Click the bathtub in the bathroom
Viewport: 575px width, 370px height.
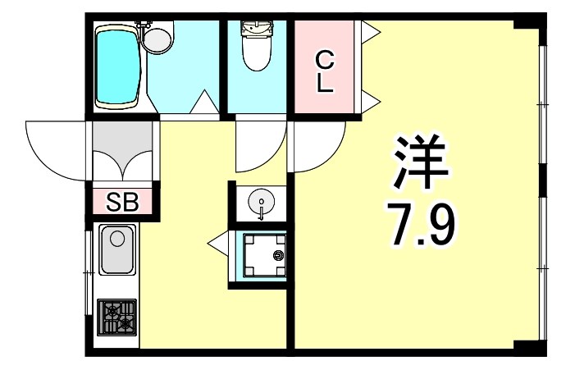pos(119,66)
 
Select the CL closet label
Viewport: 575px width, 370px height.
pos(326,71)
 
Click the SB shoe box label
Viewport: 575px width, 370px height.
pos(124,201)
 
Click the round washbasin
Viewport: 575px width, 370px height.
pos(260,202)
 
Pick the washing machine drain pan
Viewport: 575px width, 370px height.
pos(260,255)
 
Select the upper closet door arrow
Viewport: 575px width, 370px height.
pos(369,33)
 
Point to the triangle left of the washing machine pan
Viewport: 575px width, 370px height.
pos(217,242)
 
